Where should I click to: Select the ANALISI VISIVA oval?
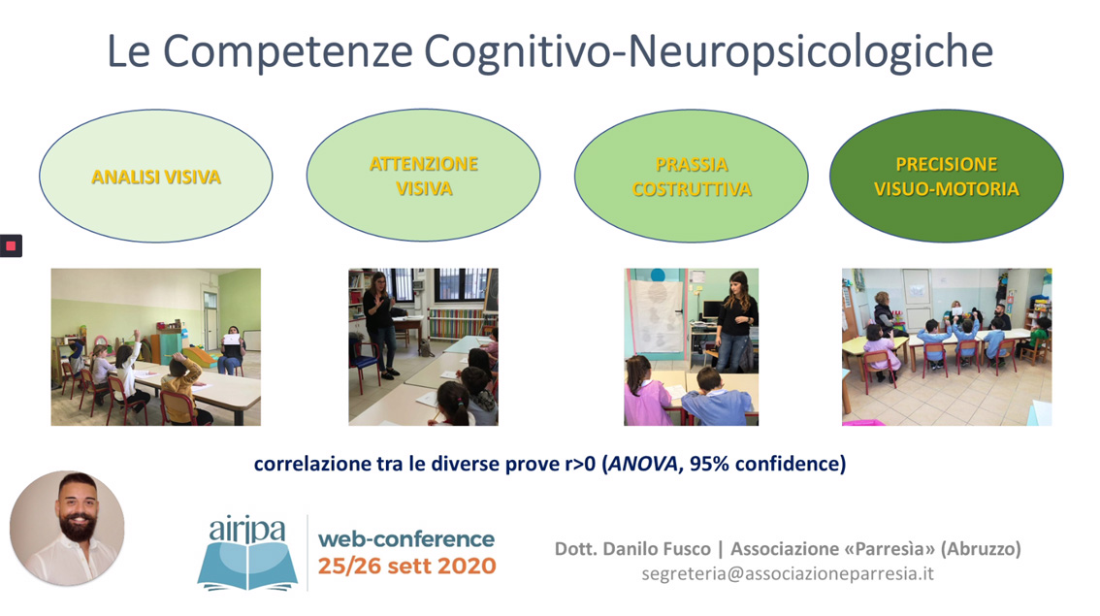(156, 177)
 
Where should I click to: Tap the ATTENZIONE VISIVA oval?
(423, 176)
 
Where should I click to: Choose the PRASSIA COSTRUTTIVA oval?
(691, 177)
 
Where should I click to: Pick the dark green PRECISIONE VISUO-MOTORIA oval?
(947, 177)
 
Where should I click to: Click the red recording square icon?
(11, 245)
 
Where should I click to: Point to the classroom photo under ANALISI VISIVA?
(156, 346)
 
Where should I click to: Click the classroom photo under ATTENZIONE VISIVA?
(423, 346)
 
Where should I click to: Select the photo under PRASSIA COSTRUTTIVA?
(691, 346)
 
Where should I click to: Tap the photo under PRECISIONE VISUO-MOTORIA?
(947, 346)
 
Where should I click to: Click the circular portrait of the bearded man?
(67, 528)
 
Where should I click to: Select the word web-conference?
(406, 538)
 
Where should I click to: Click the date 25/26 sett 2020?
(406, 567)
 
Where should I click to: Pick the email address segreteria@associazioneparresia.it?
(788, 574)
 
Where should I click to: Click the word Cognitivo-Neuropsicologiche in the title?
(708, 52)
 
